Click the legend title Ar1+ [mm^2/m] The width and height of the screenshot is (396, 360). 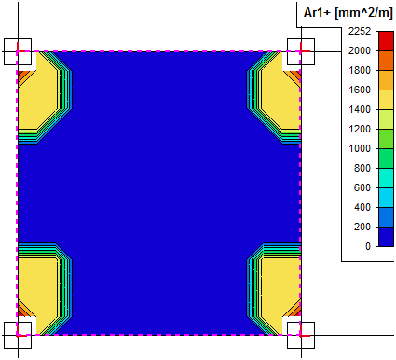pyautogui.click(x=348, y=13)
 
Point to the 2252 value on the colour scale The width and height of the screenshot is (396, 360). pyautogui.click(x=360, y=31)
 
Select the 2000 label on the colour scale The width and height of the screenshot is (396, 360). pyautogui.click(x=360, y=50)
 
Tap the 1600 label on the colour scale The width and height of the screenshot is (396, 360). pyautogui.click(x=360, y=90)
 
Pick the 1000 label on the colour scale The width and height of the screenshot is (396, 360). pyautogui.click(x=360, y=148)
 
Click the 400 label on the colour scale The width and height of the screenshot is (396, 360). pyautogui.click(x=362, y=207)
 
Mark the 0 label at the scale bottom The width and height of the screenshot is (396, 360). pyautogui.click(x=368, y=246)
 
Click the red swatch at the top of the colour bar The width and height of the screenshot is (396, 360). pyautogui.click(x=386, y=41)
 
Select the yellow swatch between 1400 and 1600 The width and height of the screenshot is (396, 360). pyautogui.click(x=386, y=100)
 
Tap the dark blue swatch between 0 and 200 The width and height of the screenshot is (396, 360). pyautogui.click(x=386, y=237)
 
